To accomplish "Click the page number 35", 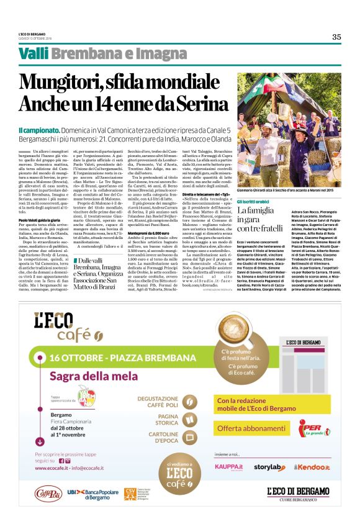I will (x=336, y=37).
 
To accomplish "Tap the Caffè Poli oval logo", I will (x=48, y=495).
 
